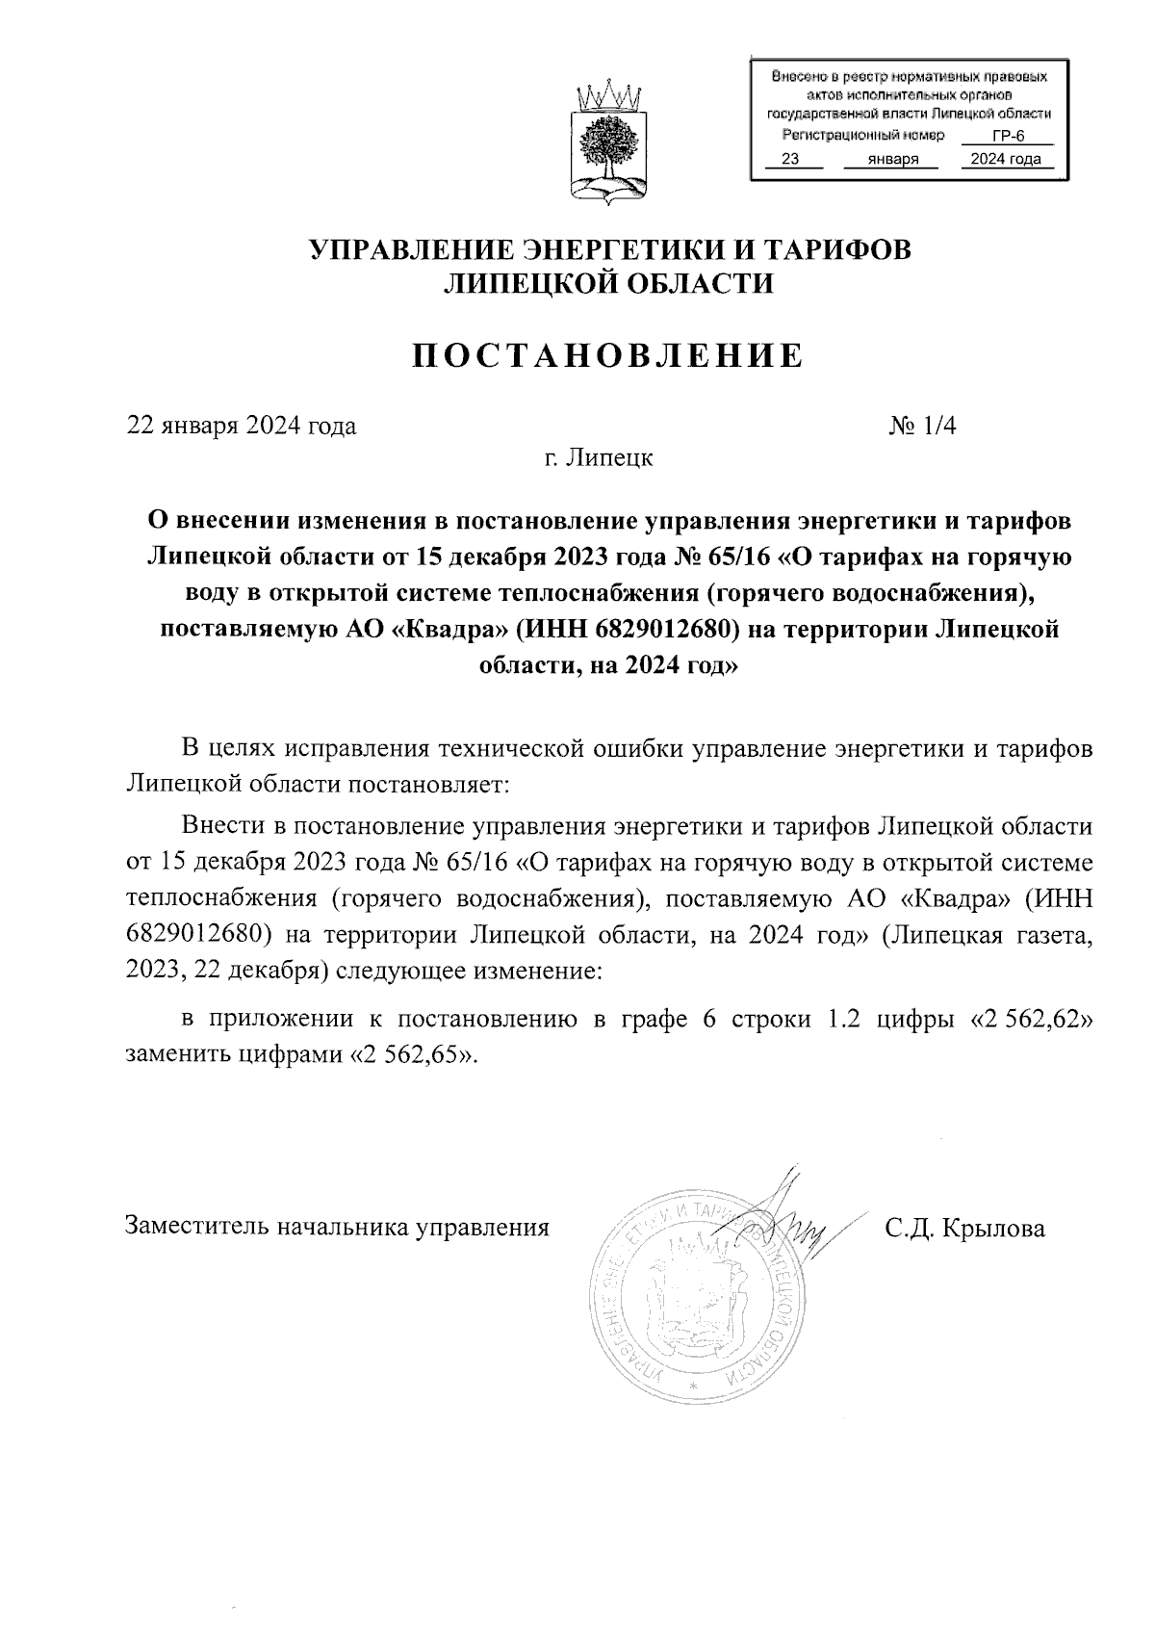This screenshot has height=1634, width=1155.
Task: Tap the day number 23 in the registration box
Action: coord(789,160)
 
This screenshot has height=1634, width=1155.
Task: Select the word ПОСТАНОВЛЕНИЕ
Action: coord(607,355)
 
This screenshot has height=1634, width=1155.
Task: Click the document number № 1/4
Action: coord(923,425)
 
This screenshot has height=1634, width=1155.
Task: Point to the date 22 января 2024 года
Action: coord(242,425)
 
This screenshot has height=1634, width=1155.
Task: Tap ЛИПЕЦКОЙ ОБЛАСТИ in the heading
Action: coord(607,282)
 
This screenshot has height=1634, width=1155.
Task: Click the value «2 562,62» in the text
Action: coord(1033,1020)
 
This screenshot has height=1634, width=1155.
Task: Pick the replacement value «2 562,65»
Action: coord(411,1053)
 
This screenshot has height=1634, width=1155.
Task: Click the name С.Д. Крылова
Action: coord(965,1228)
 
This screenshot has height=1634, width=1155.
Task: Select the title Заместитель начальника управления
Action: coord(337,1228)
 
